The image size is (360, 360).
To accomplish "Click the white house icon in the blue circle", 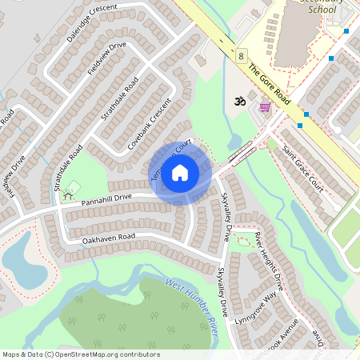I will pos(180,173).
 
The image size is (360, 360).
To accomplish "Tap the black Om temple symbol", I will pos(236,102).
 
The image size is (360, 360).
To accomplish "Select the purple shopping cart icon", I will pos(264,106).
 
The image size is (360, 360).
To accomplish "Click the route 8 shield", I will pos(241,54).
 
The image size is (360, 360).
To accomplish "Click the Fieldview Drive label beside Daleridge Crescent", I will pos(106,58).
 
